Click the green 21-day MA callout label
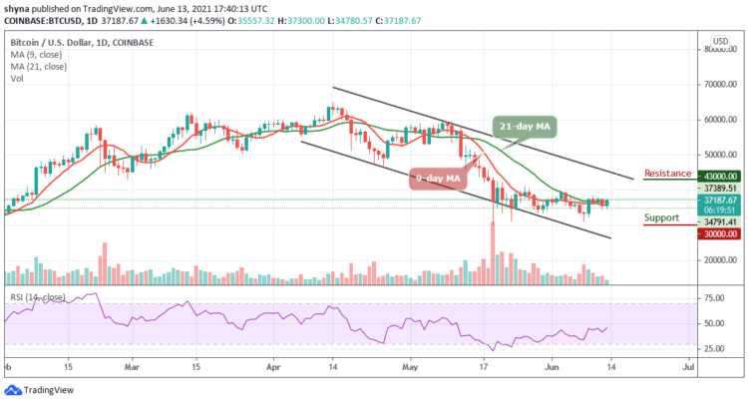(x=526, y=128)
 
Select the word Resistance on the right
(x=667, y=174)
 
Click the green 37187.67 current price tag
(x=719, y=200)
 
